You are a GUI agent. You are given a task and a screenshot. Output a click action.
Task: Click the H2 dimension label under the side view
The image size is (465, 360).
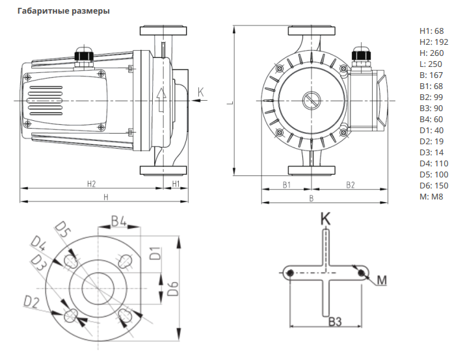tap(91, 184)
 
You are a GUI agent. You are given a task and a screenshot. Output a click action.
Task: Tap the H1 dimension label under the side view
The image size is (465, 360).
tap(175, 184)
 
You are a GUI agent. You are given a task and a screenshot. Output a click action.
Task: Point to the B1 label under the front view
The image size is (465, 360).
tap(287, 185)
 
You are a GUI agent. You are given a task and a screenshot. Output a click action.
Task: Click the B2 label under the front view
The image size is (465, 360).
tap(350, 185)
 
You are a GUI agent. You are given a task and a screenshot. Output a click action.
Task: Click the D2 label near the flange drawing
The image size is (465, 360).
tap(32, 301)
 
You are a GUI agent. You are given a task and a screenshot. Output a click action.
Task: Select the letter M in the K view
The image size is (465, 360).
tap(382, 280)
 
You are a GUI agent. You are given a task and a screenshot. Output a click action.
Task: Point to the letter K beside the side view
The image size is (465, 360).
tap(200, 92)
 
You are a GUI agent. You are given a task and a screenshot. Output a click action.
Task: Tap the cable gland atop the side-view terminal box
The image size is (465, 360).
tap(84, 55)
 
